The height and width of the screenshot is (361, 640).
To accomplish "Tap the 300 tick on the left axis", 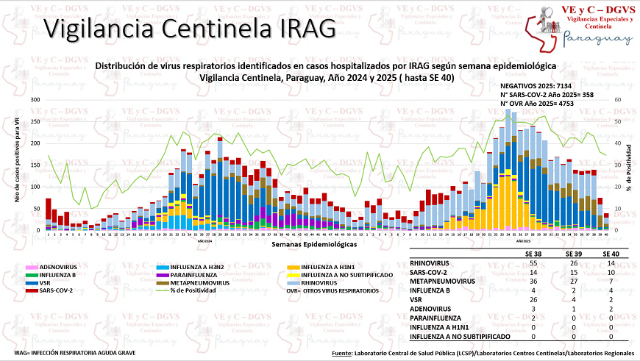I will [35, 99].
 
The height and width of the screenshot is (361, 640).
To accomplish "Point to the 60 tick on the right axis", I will [618, 99].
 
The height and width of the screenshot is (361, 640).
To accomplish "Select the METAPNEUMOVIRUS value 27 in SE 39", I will [566, 280].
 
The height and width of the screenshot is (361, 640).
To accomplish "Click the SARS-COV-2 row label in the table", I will [433, 272].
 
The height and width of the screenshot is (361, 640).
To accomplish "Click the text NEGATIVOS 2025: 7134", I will [536, 86].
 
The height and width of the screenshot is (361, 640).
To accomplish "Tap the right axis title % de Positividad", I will [630, 165].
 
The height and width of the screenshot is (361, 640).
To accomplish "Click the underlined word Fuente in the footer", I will [343, 354].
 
